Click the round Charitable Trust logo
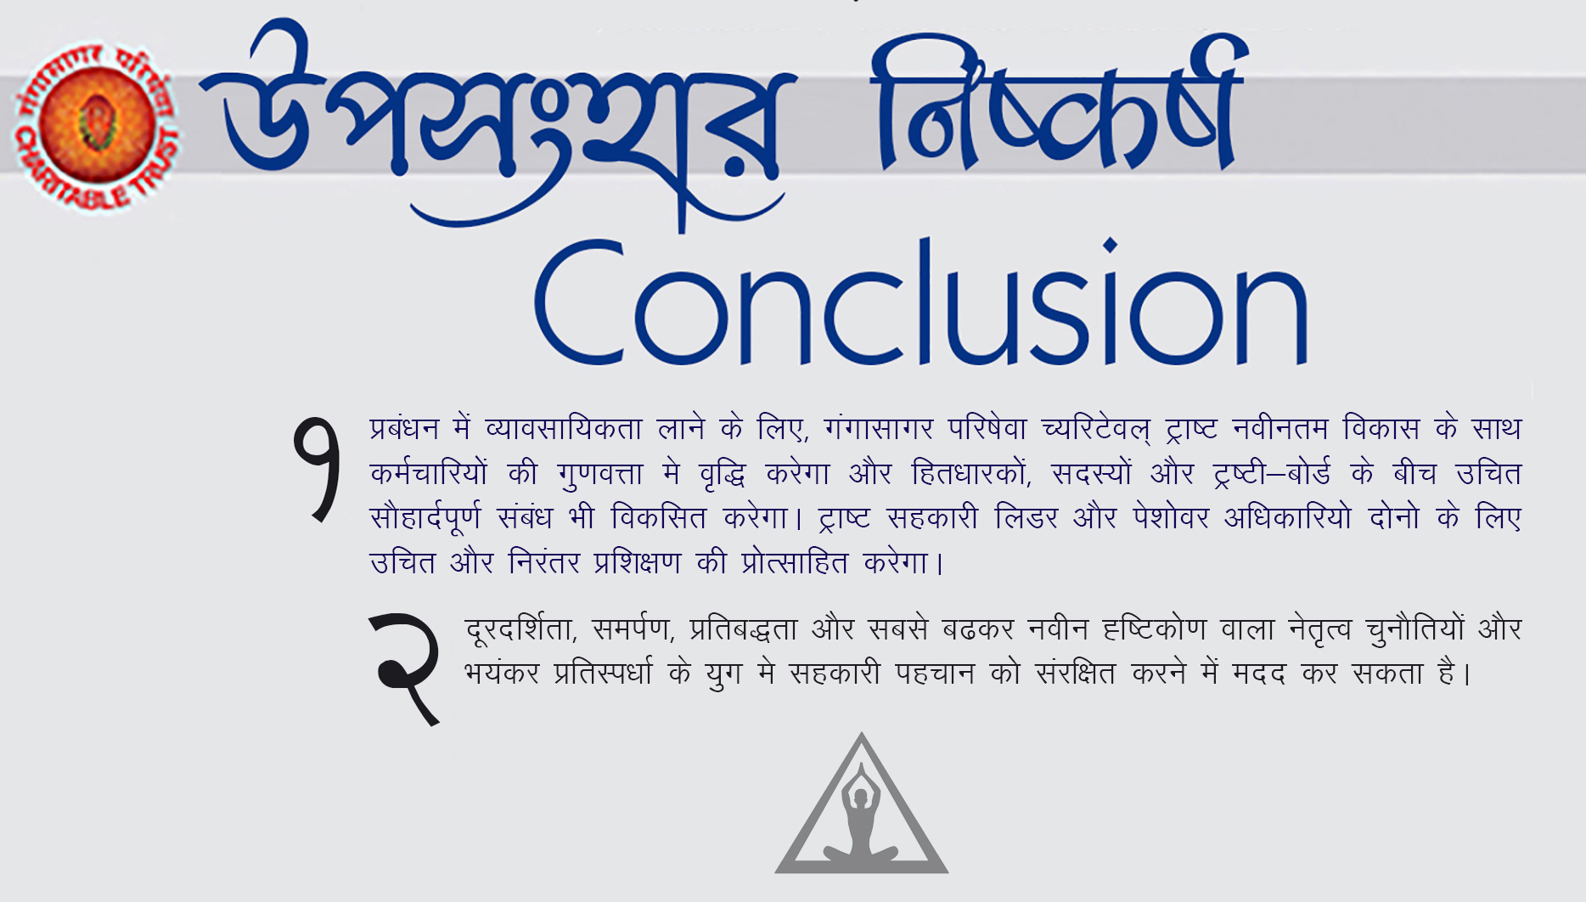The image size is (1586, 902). pos(96,127)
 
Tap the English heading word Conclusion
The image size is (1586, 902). pos(921,302)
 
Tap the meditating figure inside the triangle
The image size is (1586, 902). pos(861,819)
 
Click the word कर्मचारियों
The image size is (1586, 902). pos(429,473)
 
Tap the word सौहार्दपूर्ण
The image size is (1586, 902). pos(425,518)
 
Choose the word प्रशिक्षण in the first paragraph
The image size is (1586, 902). pos(638,562)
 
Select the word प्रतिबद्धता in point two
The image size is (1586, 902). pos(744,629)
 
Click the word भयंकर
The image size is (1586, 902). pos(502,674)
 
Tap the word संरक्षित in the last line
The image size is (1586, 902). pos(1076,674)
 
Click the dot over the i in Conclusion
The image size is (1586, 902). pos(1110,245)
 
